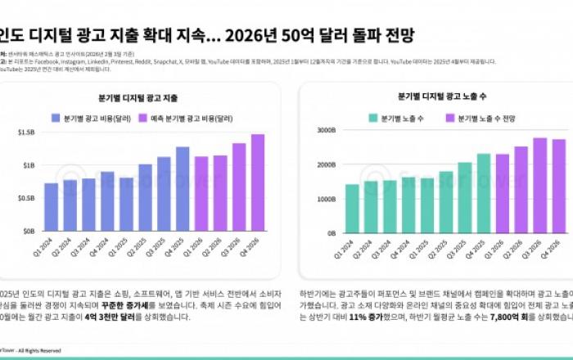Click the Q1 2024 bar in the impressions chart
tap(352, 209)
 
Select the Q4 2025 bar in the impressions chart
tap(484, 193)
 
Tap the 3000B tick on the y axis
tap(325, 130)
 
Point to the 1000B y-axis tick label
tap(325, 199)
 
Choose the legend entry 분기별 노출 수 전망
tap(485, 118)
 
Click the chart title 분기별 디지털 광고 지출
tap(144, 97)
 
